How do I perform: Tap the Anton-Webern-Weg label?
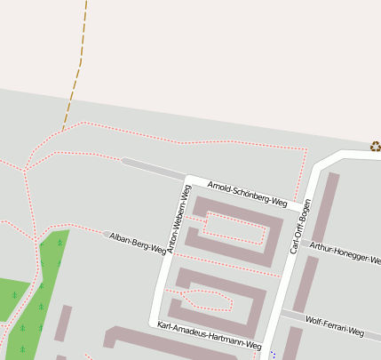[x=179, y=220]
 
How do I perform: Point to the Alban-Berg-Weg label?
[x=138, y=244]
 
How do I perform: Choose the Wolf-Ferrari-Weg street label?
[x=335, y=325]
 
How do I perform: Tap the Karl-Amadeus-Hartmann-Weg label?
[x=209, y=334]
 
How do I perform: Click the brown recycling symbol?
[x=376, y=147]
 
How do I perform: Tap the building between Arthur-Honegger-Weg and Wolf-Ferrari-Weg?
[x=306, y=284]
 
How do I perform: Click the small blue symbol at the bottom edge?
[x=273, y=355]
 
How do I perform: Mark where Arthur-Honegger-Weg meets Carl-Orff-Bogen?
[x=299, y=240]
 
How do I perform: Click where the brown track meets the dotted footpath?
[x=63, y=131]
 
